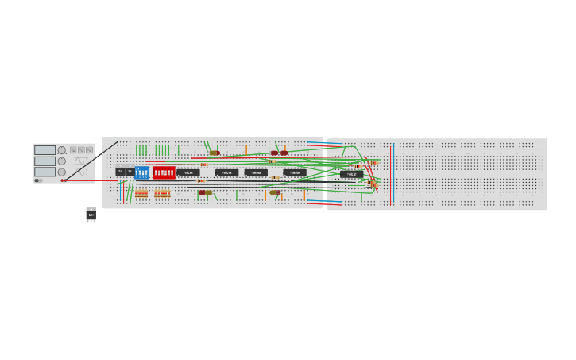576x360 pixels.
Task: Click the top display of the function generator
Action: pos(44,150)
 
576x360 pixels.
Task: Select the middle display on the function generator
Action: pos(44,161)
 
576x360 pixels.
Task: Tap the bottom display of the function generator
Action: pos(44,172)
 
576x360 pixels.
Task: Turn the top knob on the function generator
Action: pos(62,150)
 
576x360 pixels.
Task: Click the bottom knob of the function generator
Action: pos(62,172)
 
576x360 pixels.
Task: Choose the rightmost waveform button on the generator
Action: pos(89,149)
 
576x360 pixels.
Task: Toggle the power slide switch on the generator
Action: pos(37,180)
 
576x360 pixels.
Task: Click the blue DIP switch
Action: pos(141,172)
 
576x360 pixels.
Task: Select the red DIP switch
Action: pos(164,172)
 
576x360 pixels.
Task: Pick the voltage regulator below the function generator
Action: pos(91,215)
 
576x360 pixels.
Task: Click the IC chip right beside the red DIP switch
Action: pos(188,172)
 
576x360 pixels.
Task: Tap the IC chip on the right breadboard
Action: pos(351,174)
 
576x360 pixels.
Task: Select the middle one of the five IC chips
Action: pos(256,172)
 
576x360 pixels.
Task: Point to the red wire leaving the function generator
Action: pos(87,180)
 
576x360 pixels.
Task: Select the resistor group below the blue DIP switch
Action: pos(141,194)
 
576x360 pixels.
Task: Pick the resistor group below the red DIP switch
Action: pos(162,194)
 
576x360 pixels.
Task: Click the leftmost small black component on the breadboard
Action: pos(120,172)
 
